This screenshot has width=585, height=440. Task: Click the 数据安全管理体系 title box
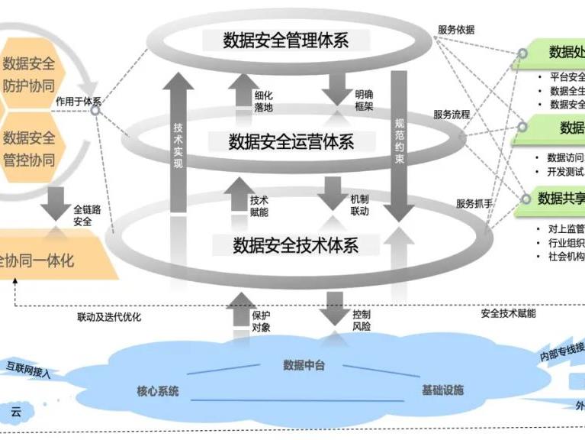pyautogui.click(x=286, y=40)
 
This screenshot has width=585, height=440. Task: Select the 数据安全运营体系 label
pyautogui.click(x=291, y=141)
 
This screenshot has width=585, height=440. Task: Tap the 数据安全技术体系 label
pyautogui.click(x=295, y=245)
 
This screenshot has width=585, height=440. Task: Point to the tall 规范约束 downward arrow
pyautogui.click(x=399, y=141)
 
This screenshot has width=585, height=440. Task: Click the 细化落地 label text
pyautogui.click(x=263, y=102)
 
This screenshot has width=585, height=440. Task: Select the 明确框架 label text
pyautogui.click(x=364, y=102)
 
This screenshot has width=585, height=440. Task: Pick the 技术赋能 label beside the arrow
pyautogui.click(x=259, y=205)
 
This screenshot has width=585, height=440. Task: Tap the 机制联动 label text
pyautogui.click(x=360, y=205)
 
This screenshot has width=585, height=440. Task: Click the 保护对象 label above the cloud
pyautogui.click(x=261, y=321)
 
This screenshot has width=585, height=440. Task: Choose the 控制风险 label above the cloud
pyautogui.click(x=362, y=321)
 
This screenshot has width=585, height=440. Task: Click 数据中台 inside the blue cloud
pyautogui.click(x=304, y=364)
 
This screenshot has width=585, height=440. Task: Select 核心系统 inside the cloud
pyautogui.click(x=158, y=391)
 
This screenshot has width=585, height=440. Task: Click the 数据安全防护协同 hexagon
pyautogui.click(x=29, y=74)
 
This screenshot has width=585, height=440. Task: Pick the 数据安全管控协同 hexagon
pyautogui.click(x=29, y=149)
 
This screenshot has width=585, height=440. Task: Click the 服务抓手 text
pyautogui.click(x=474, y=204)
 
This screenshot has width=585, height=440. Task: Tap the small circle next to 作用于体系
pyautogui.click(x=95, y=111)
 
